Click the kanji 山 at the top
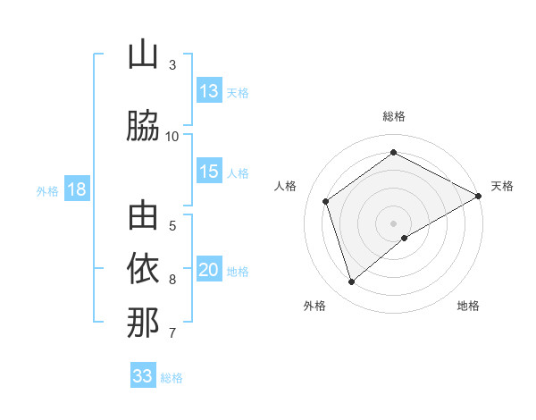(x=143, y=55)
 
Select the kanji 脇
(x=143, y=126)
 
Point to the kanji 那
(x=143, y=323)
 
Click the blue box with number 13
(x=209, y=91)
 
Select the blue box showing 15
(x=209, y=172)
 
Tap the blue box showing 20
(x=209, y=270)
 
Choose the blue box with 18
(x=76, y=189)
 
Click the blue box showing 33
(x=142, y=376)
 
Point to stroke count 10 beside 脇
(x=172, y=137)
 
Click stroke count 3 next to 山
(x=172, y=65)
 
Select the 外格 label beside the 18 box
(x=47, y=190)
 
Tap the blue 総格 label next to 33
(x=172, y=377)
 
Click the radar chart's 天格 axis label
(x=502, y=186)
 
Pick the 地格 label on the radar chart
(x=468, y=306)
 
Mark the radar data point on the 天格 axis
(x=479, y=196)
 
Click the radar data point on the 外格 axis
(x=352, y=282)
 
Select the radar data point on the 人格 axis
(x=326, y=201)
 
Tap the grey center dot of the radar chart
(x=393, y=223)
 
